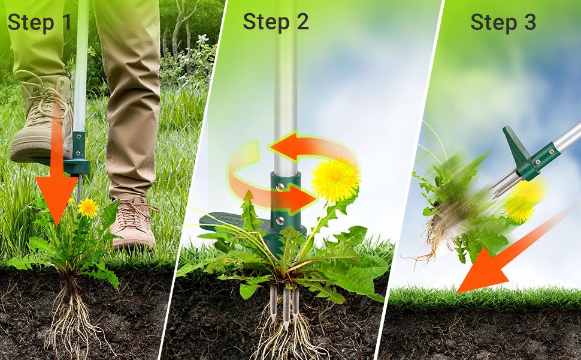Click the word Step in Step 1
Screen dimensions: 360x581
click(x=30, y=22)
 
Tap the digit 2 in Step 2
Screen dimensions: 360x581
click(x=301, y=22)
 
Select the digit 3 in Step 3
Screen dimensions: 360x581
click(x=529, y=22)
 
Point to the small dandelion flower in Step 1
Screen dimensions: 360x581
click(x=88, y=207)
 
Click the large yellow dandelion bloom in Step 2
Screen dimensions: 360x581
click(x=335, y=178)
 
